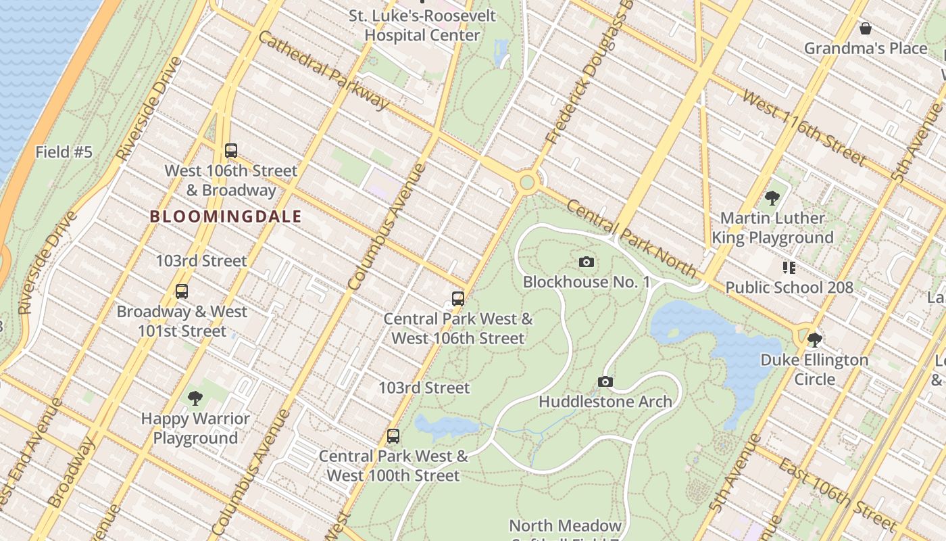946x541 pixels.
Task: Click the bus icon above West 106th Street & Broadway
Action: coord(231,151)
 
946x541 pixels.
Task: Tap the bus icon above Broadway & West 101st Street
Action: coord(181,291)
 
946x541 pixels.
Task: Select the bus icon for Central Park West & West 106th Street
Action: coord(458,298)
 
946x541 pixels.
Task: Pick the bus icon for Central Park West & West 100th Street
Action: coord(393,436)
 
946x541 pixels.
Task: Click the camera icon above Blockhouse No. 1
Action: coord(587,262)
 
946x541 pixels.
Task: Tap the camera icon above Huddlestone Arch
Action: coord(605,381)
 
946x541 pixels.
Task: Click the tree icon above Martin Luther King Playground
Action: coord(772,198)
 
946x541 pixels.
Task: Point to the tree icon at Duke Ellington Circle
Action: coord(814,339)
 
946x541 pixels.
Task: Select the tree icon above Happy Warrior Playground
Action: coord(195,398)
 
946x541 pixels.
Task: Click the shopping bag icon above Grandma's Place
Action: coord(865,28)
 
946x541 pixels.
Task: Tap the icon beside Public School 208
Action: coord(789,267)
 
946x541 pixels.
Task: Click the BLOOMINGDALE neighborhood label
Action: coord(226,216)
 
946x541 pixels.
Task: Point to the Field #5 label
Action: coord(64,152)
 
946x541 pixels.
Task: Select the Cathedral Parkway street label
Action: coord(324,70)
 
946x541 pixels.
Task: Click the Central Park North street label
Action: coord(631,239)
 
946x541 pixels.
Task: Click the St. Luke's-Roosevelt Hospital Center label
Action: coord(422,25)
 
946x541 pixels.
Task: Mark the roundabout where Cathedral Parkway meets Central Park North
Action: coord(527,182)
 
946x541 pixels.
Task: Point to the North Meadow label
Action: coord(565,525)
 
